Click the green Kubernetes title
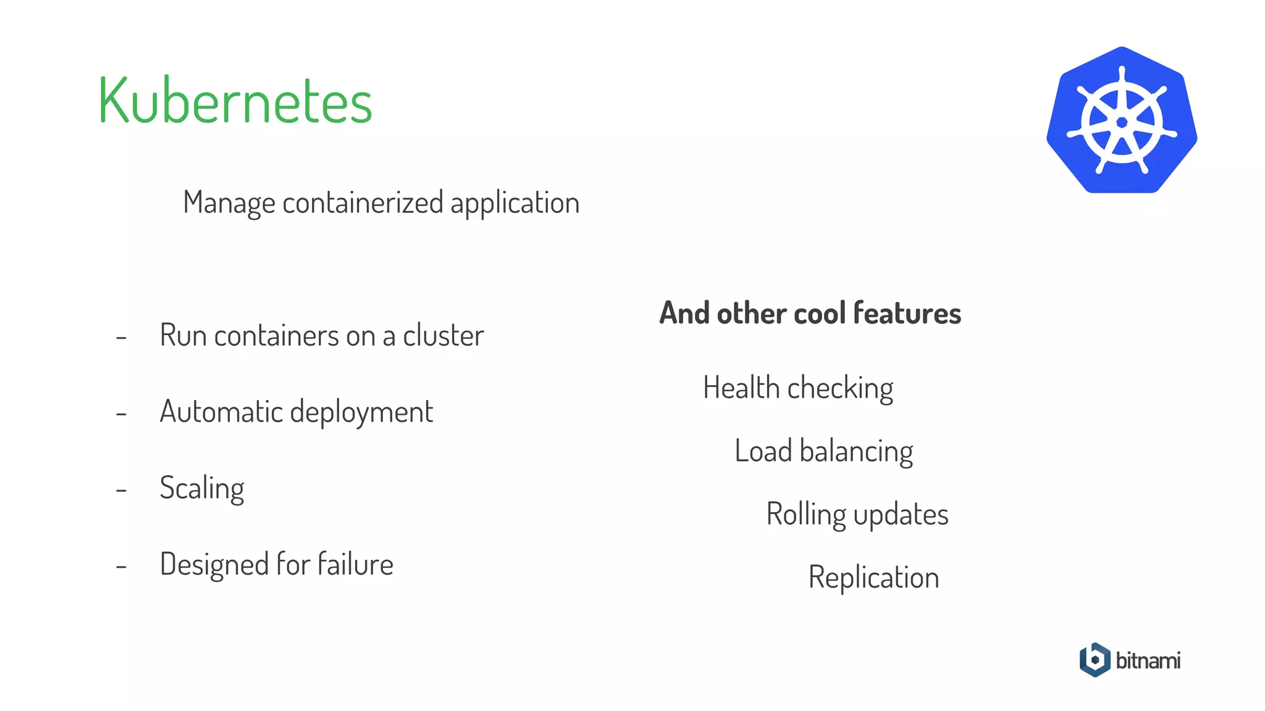click(235, 101)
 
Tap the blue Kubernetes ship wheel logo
click(1122, 120)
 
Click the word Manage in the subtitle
click(229, 203)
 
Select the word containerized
click(363, 203)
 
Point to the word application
click(515, 203)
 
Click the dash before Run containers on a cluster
click(121, 338)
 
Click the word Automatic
click(220, 412)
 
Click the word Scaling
click(202, 489)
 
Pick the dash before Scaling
click(121, 490)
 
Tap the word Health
click(741, 388)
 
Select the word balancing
click(856, 452)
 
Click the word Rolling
click(806, 515)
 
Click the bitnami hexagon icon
click(1095, 660)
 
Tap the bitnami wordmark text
click(1148, 660)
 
